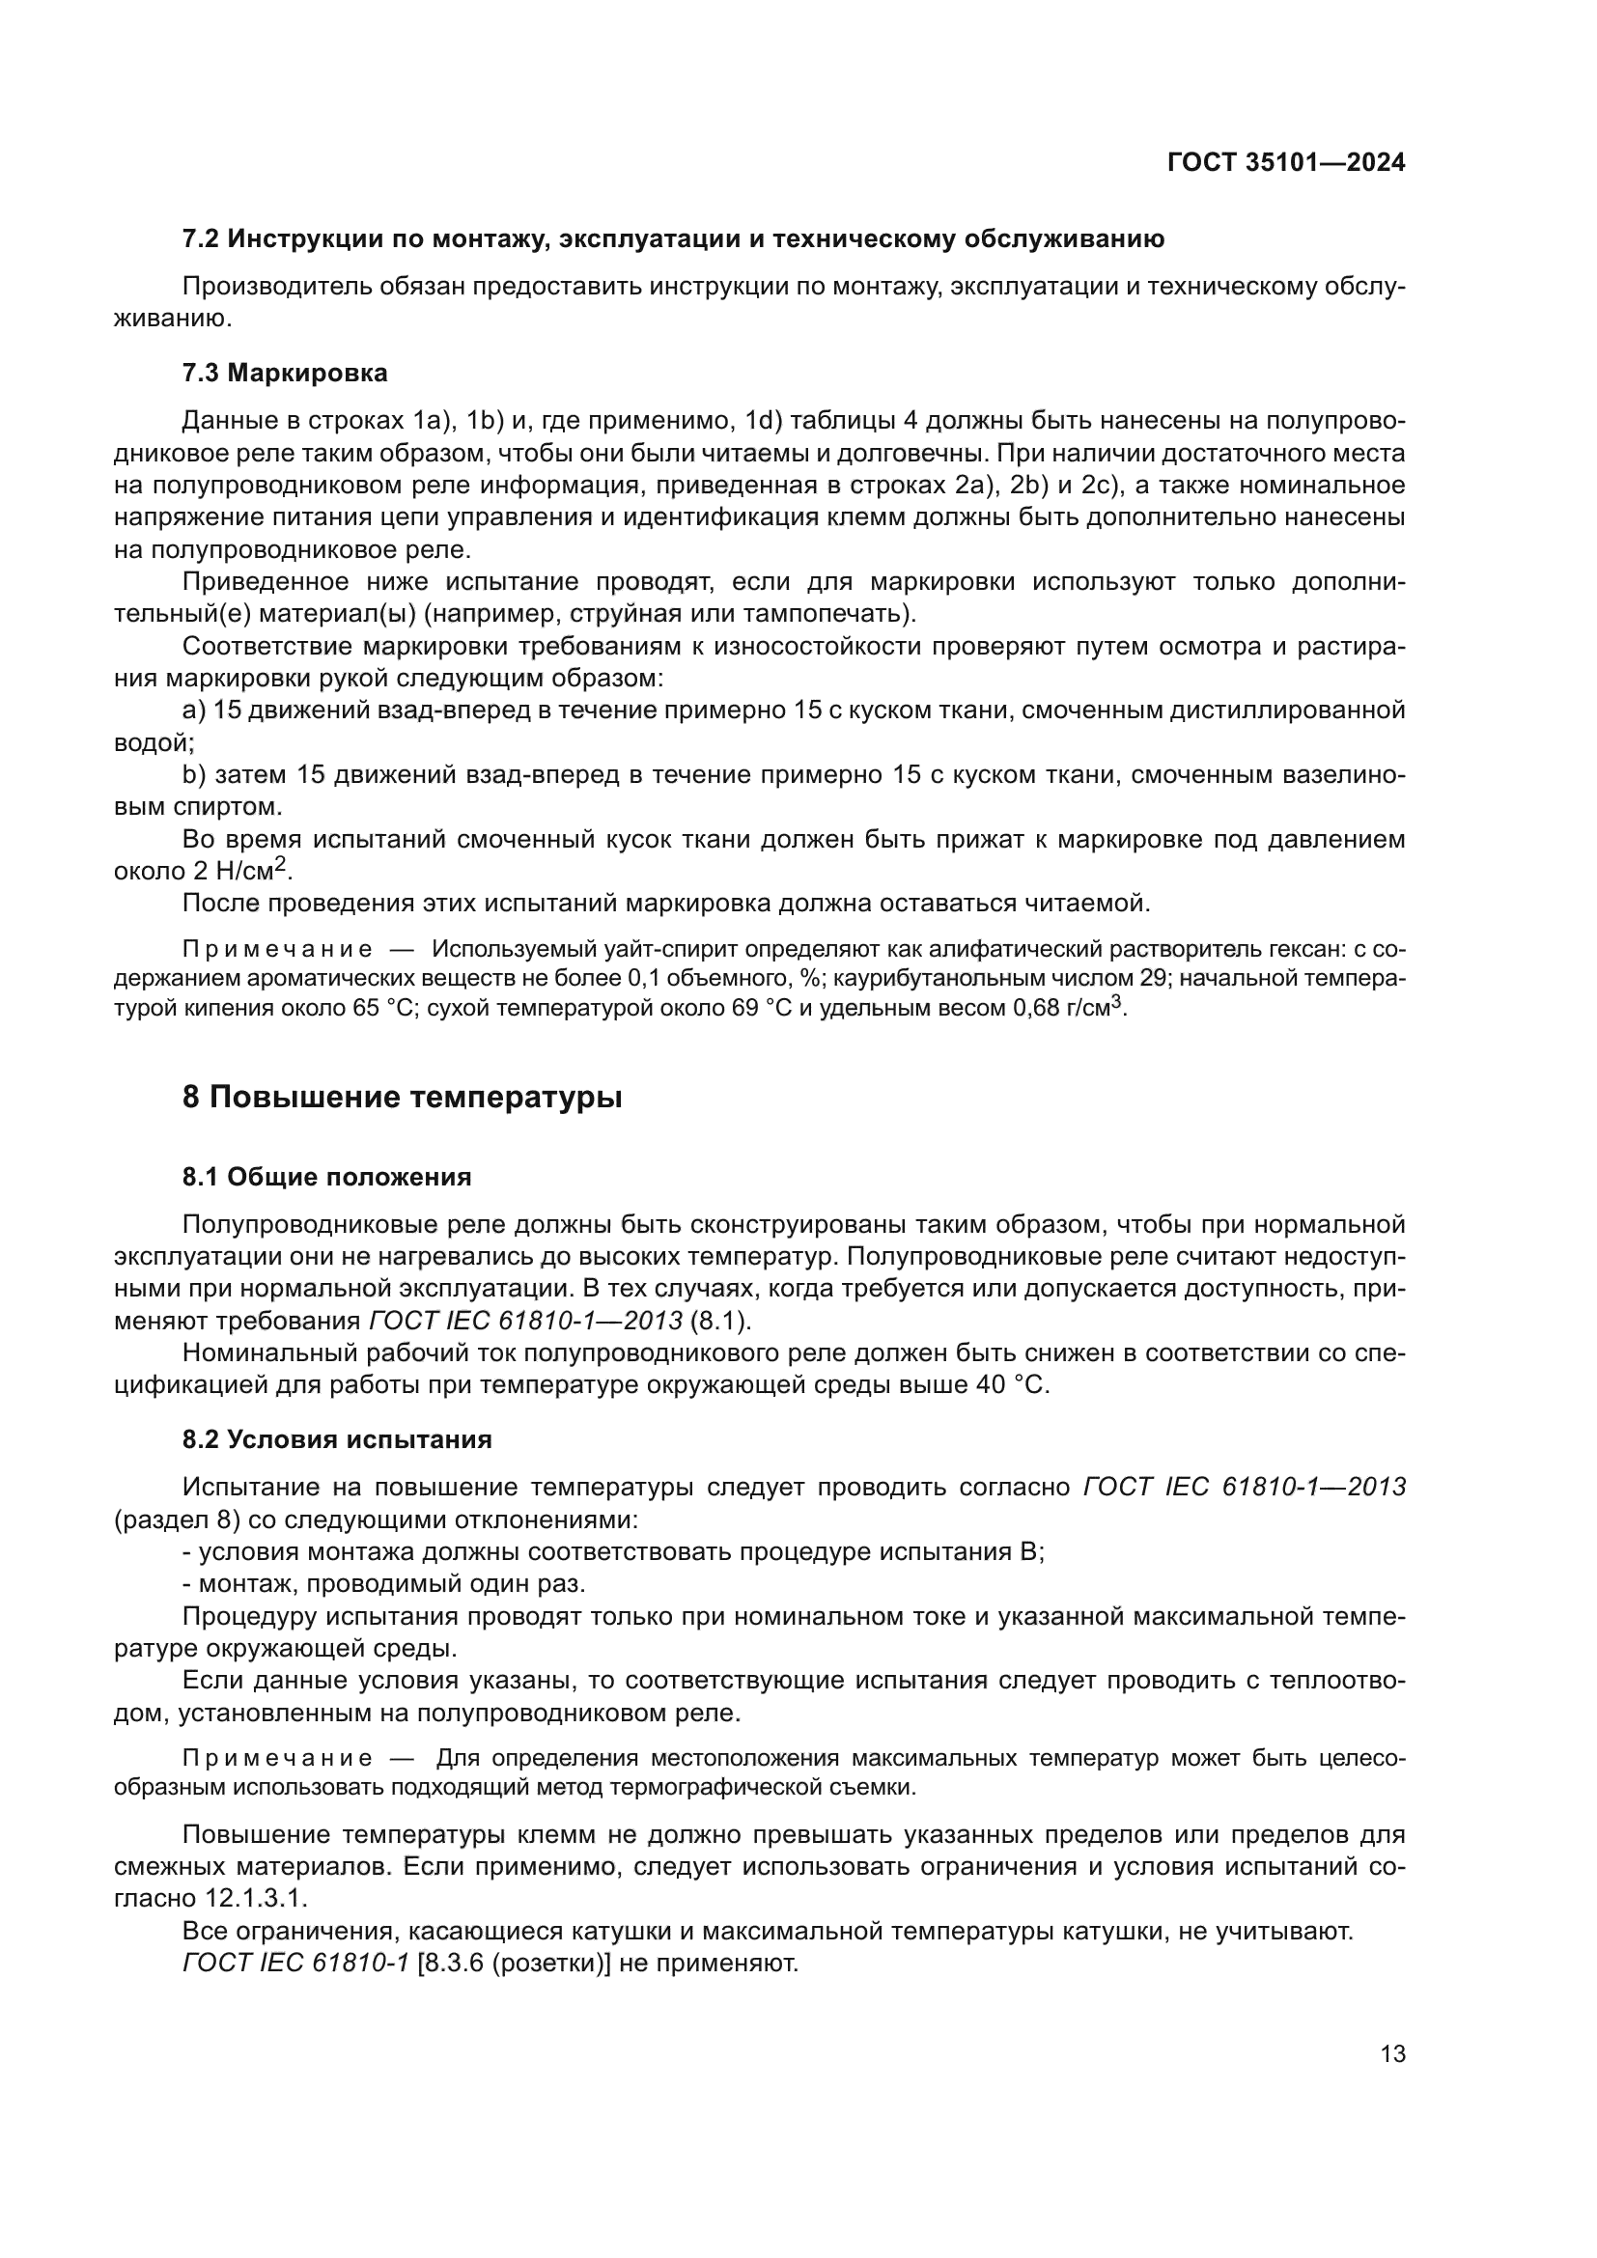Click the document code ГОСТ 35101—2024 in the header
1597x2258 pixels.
click(1285, 163)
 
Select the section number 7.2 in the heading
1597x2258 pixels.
click(201, 239)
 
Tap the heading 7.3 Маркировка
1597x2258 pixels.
click(284, 373)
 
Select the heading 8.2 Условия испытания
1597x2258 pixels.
click(336, 1439)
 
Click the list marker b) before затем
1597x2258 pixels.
click(194, 775)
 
